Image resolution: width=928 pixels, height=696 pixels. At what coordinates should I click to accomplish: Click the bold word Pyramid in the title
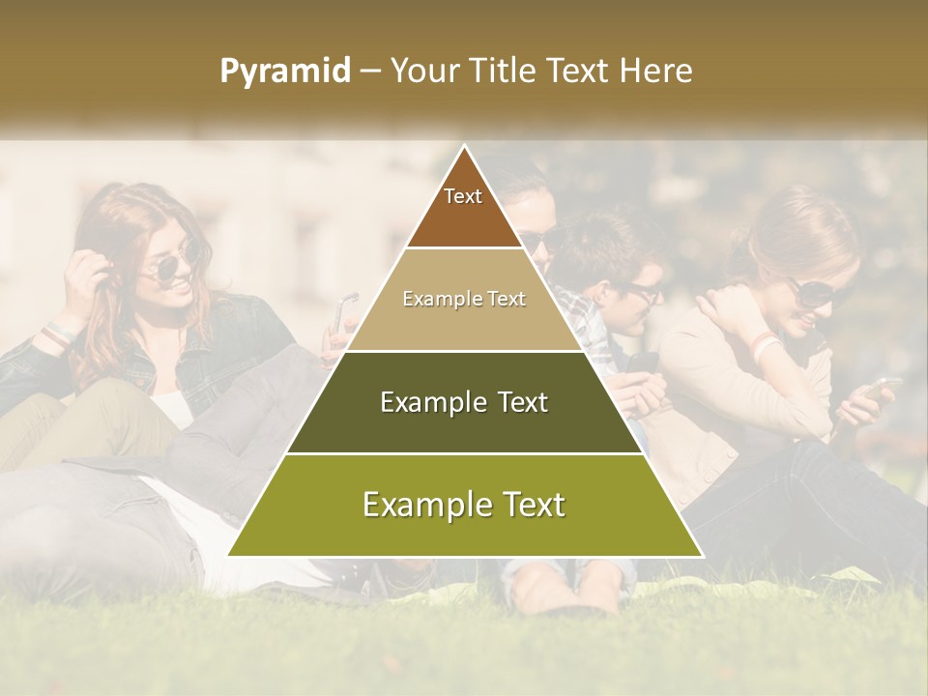(x=285, y=72)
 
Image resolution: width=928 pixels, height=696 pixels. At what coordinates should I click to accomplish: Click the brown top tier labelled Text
(x=463, y=208)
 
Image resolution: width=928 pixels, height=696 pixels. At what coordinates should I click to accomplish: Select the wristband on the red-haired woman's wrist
(x=57, y=334)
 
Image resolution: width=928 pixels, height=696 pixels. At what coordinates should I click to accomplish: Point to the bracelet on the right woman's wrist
(x=765, y=344)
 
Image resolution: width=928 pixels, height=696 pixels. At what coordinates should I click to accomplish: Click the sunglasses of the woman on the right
(x=813, y=291)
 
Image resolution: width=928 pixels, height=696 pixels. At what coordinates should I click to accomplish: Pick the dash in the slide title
(x=370, y=72)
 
